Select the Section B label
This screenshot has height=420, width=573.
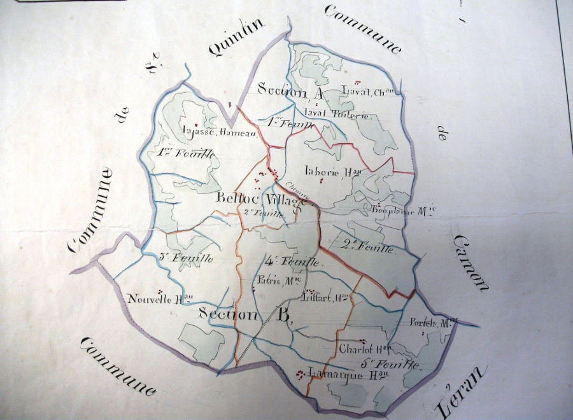[x=246, y=314]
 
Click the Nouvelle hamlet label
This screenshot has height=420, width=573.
[x=160, y=298]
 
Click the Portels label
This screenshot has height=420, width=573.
[x=435, y=323]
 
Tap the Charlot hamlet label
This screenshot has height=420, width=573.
[x=364, y=349]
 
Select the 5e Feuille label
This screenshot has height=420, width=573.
[x=390, y=364]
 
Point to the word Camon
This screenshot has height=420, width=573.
[x=471, y=262]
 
